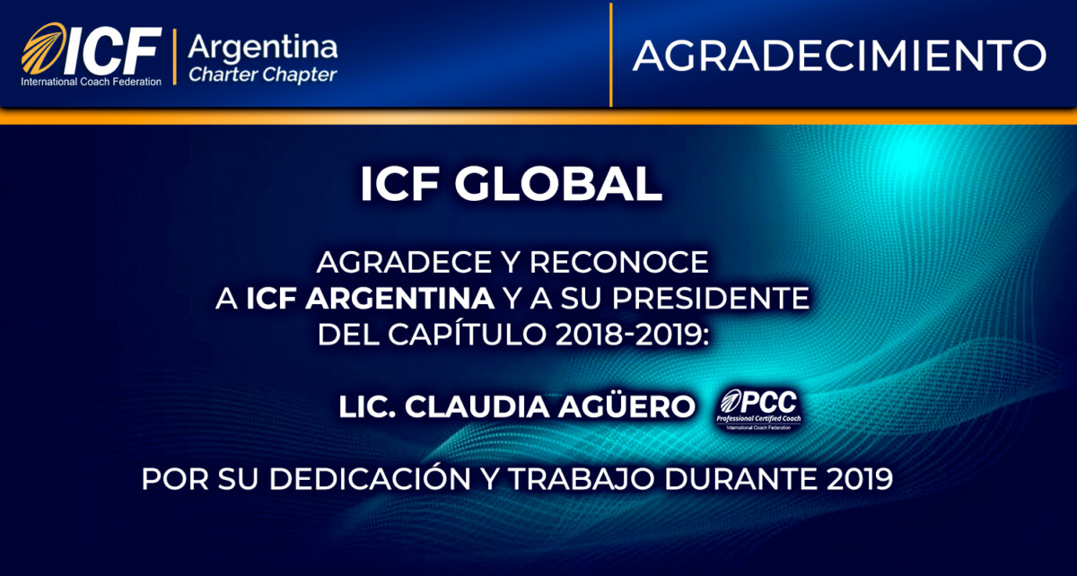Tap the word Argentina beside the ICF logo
click(263, 46)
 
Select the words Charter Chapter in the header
click(263, 74)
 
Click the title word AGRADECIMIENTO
click(839, 56)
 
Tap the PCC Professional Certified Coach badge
click(757, 409)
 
